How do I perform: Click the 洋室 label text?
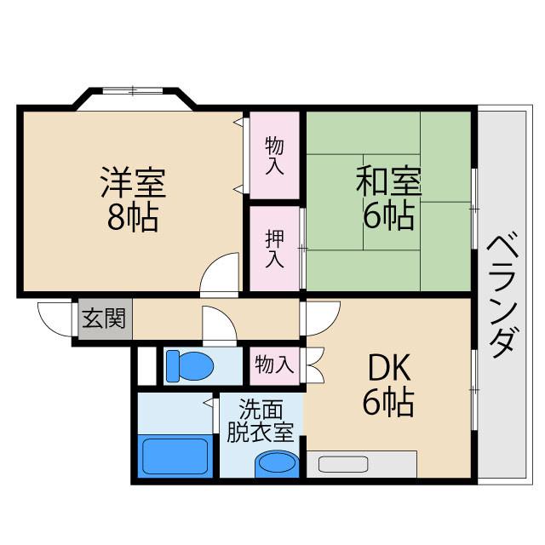point(132,182)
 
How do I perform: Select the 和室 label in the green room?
point(388,181)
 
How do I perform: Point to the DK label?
point(389,368)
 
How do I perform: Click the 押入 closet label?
point(274,248)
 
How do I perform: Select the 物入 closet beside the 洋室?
point(274,156)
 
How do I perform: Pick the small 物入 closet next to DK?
point(274,365)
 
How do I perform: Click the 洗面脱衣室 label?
point(261,421)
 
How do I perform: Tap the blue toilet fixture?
point(189,365)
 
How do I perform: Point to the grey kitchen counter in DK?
point(361,464)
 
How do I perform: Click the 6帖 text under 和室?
point(388,216)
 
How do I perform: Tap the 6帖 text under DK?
point(388,402)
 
